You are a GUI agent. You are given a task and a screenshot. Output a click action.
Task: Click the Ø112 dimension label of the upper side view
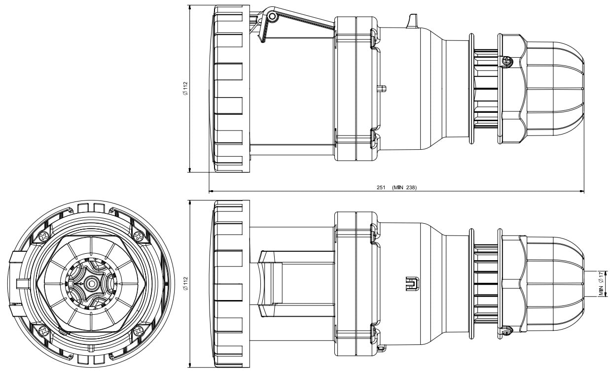(x=185, y=88)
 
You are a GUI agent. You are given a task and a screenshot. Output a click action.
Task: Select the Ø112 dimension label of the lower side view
(x=185, y=283)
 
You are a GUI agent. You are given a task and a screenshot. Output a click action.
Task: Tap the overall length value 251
(x=381, y=187)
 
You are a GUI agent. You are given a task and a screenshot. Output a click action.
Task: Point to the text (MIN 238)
(x=404, y=187)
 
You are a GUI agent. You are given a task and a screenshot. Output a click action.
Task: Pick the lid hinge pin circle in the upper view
(x=272, y=17)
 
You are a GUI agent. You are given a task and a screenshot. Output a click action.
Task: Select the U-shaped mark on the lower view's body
(x=412, y=283)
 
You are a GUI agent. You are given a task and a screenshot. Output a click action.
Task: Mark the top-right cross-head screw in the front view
(x=139, y=236)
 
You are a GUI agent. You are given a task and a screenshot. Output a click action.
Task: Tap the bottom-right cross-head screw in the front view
(x=139, y=331)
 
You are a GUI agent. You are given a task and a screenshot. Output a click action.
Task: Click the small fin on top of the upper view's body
(x=412, y=21)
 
